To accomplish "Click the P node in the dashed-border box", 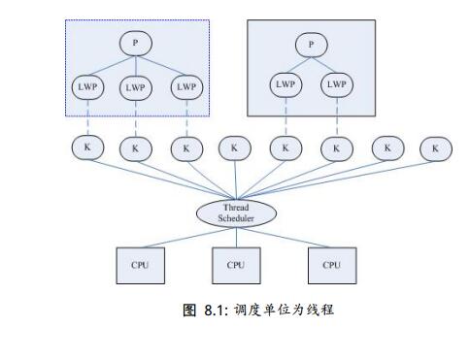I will (x=136, y=44).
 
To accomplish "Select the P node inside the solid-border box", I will (x=310, y=44).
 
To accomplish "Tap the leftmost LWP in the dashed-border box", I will (x=86, y=86).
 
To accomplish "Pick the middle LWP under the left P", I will (x=136, y=87).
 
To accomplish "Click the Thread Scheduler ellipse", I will (x=236, y=213).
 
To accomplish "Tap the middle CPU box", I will (x=236, y=264).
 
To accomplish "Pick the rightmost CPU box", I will (x=332, y=264).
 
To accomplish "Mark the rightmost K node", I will (x=435, y=148).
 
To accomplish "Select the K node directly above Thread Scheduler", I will (x=233, y=148).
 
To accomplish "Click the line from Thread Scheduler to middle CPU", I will (x=236, y=238).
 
